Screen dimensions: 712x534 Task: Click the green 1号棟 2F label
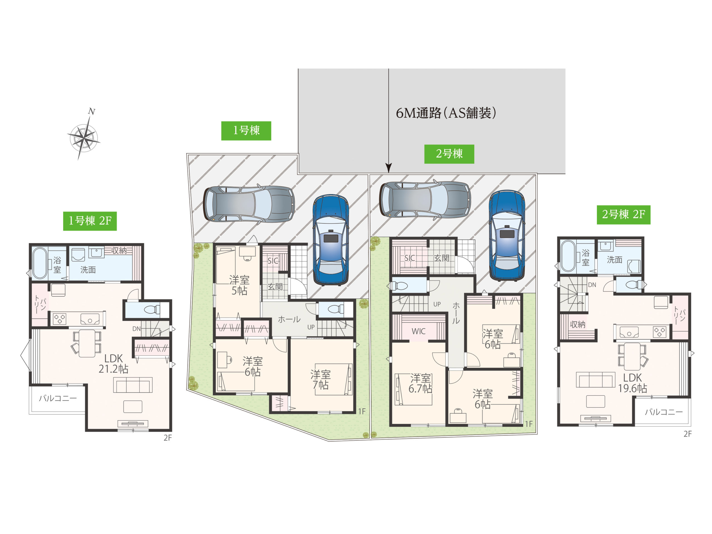click(x=90, y=221)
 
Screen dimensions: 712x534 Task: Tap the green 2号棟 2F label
click(x=624, y=215)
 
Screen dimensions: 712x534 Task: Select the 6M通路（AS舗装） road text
click(x=446, y=113)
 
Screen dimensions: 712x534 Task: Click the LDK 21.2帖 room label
click(x=113, y=364)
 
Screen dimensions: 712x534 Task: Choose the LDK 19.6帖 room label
click(x=632, y=383)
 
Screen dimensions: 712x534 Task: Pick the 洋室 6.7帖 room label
click(x=420, y=383)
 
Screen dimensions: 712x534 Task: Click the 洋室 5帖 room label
click(x=239, y=285)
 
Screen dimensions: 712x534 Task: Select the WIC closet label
click(x=419, y=331)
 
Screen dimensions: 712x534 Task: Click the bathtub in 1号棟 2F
click(x=40, y=263)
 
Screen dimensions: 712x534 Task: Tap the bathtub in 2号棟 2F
click(x=568, y=256)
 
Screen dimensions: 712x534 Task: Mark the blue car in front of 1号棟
click(x=331, y=240)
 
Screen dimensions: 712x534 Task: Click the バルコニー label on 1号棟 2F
click(x=58, y=399)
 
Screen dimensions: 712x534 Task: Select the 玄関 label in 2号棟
click(x=442, y=258)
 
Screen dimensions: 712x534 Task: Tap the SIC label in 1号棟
click(x=273, y=260)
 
